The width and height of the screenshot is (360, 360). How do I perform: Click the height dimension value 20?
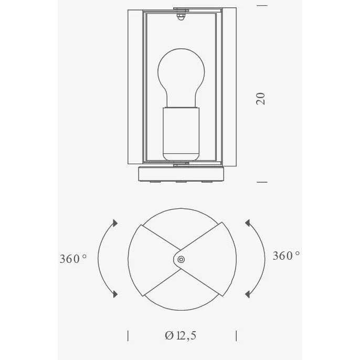[x=261, y=99]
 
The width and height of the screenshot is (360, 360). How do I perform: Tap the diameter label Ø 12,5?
[x=181, y=336]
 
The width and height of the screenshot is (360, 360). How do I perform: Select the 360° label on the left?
[x=73, y=259]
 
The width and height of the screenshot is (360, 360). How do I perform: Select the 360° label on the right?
[x=286, y=256]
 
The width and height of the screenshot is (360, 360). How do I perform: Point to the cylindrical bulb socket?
[x=181, y=134]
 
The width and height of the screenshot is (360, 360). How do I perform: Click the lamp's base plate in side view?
[x=181, y=174]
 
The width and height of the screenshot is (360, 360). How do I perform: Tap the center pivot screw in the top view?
[x=181, y=260]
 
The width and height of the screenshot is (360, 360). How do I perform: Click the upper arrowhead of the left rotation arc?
[x=115, y=223]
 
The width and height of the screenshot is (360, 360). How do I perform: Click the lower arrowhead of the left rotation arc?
[x=115, y=294]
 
